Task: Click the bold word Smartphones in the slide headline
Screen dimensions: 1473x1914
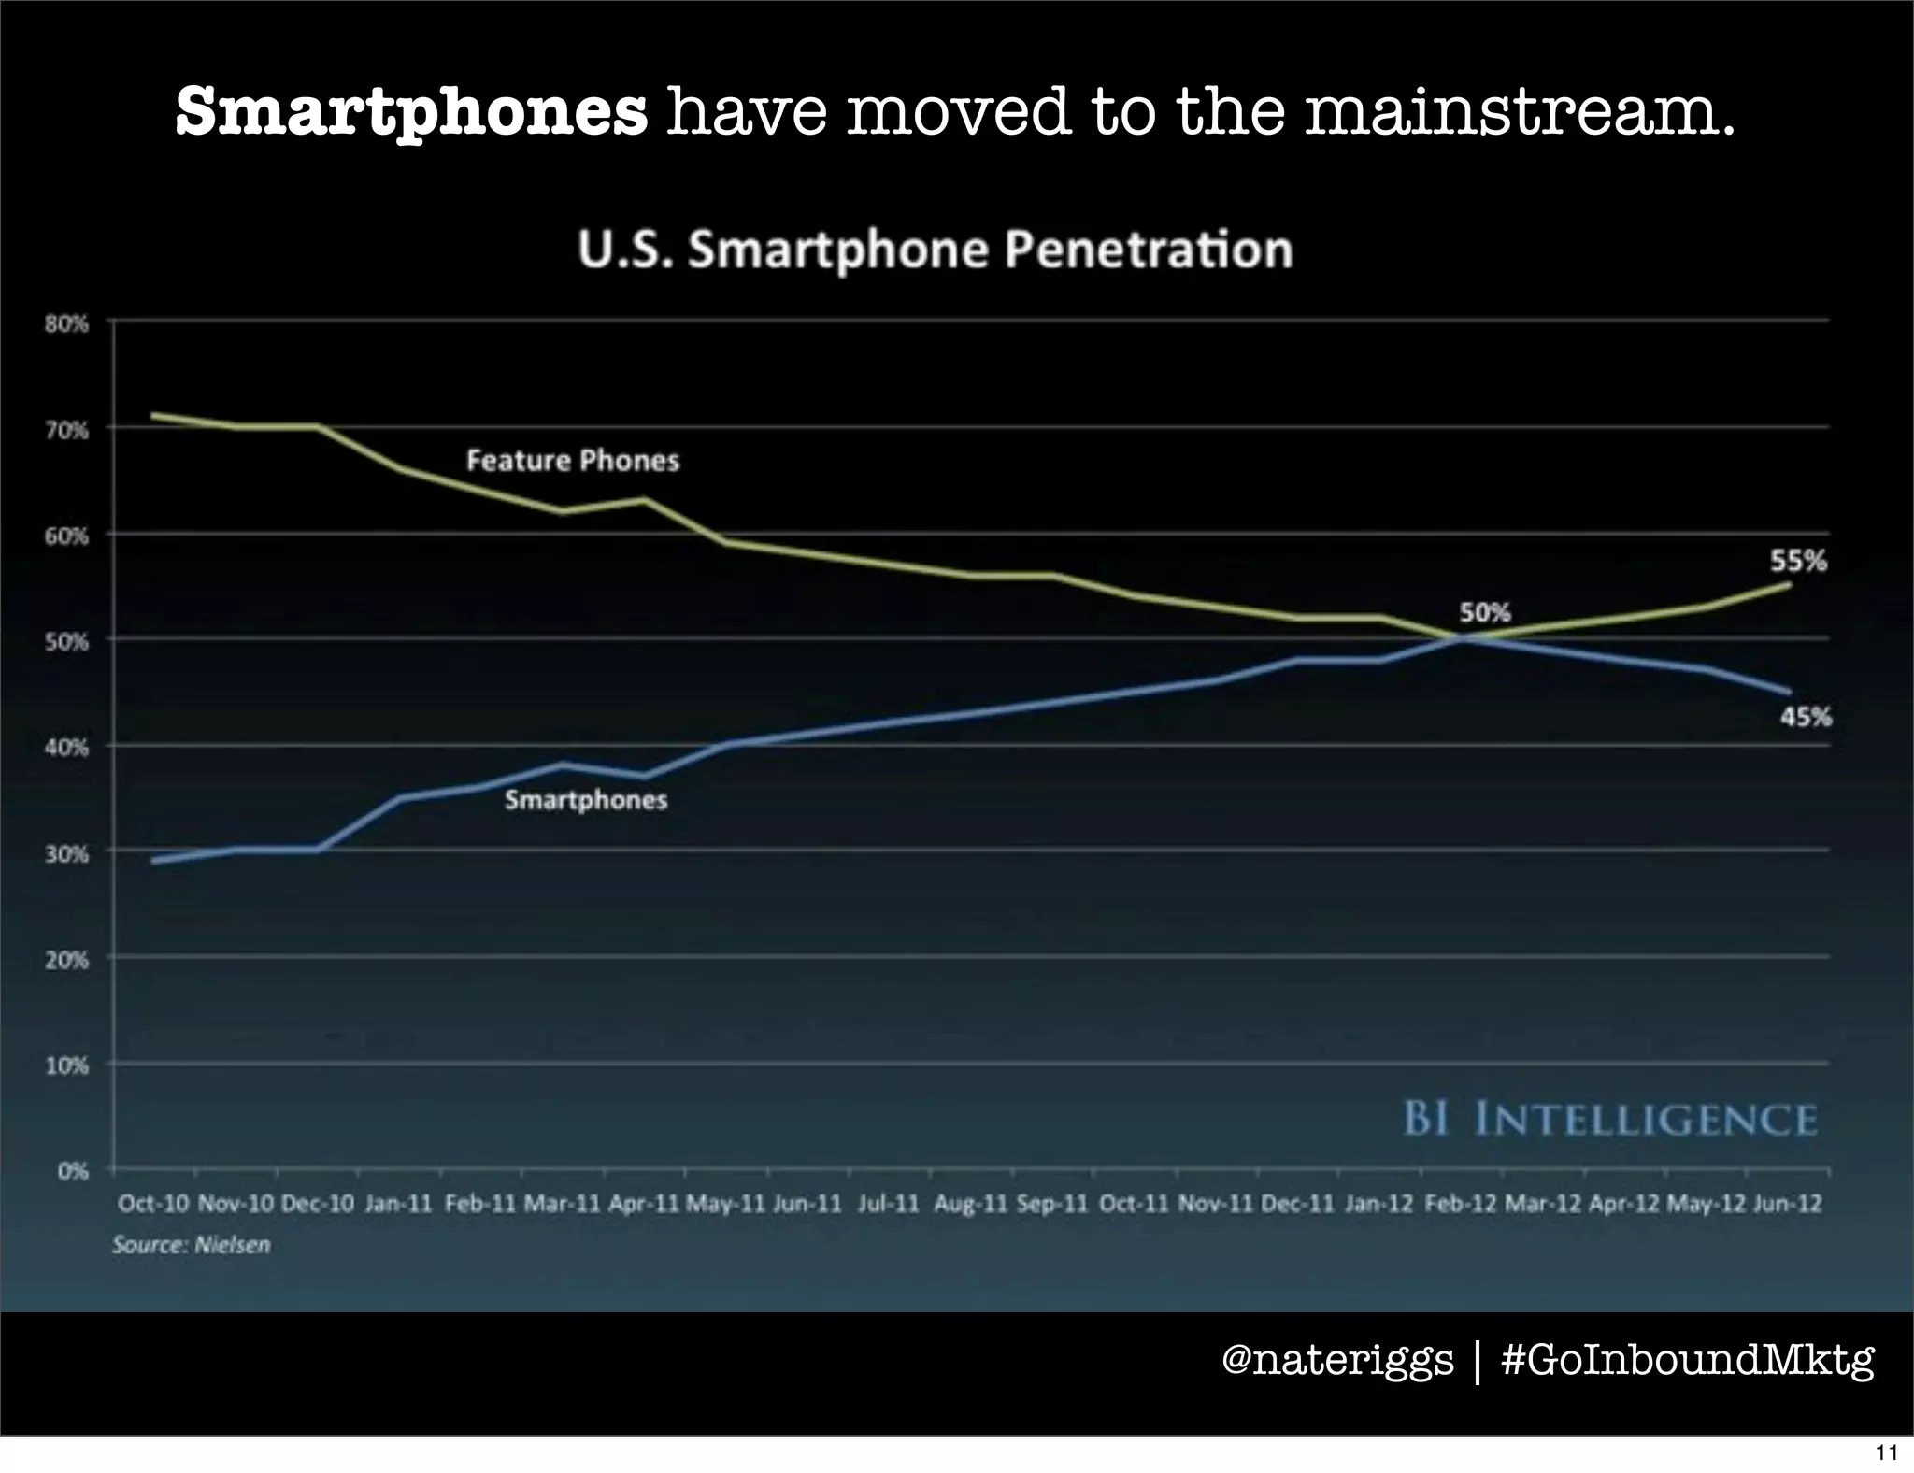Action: click(411, 112)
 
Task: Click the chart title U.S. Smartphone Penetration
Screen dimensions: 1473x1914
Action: click(935, 250)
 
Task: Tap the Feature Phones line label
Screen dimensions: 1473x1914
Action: click(573, 460)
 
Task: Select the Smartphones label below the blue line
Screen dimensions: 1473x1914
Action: click(586, 800)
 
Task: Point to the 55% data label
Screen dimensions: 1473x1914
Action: click(1798, 561)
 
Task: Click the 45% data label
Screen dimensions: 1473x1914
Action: click(1805, 717)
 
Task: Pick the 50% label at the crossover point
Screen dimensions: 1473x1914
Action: click(1485, 612)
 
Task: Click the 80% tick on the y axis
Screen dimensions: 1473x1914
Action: click(65, 324)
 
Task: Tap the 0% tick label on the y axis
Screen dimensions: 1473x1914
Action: click(72, 1171)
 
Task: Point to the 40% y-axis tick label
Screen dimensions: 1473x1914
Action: click(65, 748)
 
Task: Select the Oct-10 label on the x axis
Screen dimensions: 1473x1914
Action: click(153, 1203)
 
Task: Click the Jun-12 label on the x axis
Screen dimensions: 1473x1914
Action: click(1787, 1203)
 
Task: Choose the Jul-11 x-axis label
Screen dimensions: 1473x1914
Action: click(888, 1203)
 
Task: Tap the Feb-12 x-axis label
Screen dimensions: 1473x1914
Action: click(1461, 1203)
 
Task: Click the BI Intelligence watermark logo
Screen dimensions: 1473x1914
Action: click(1609, 1119)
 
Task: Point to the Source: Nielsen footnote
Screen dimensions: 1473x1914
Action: click(192, 1245)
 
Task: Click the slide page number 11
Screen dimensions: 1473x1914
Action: click(1886, 1452)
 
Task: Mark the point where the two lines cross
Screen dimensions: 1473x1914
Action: click(1461, 638)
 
